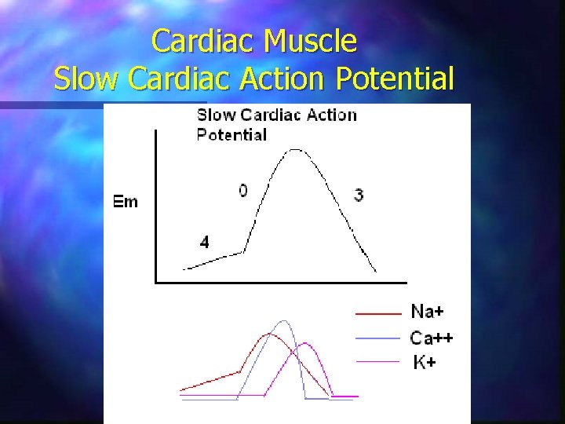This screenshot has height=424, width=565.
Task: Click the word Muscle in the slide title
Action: [311, 41]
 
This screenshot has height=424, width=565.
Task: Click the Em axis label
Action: [126, 202]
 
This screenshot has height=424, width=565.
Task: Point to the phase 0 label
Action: [243, 191]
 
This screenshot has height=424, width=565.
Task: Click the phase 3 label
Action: [359, 195]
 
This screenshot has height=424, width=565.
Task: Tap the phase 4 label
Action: [204, 243]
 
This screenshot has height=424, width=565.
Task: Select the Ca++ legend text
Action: [432, 338]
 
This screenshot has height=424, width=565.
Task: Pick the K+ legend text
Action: [425, 362]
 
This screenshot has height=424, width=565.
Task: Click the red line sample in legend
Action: [378, 313]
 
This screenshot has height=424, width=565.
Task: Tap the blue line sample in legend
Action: [378, 338]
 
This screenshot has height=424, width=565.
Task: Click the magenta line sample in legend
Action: [378, 361]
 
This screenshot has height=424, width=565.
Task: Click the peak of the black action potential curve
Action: [295, 149]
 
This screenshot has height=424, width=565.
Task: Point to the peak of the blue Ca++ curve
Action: [283, 321]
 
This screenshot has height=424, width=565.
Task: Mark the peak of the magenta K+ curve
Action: [304, 343]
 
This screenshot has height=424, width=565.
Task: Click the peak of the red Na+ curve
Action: [270, 334]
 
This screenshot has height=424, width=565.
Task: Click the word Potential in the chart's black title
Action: [231, 134]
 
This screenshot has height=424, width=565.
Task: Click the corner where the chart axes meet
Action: [155, 281]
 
